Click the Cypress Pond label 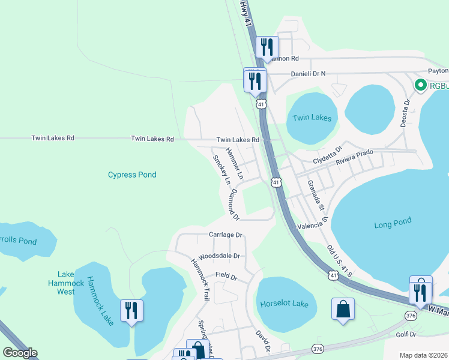coord(132,175)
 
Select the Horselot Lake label coord(284,304)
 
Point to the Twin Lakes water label coord(312,118)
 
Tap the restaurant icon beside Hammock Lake coord(131,310)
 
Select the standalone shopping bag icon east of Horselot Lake coord(342,310)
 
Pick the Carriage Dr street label coord(225,235)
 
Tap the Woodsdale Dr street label coord(218,256)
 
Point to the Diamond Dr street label coord(231,204)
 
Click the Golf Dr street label coord(406,334)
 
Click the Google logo coord(20,353)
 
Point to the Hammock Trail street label coord(200,272)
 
